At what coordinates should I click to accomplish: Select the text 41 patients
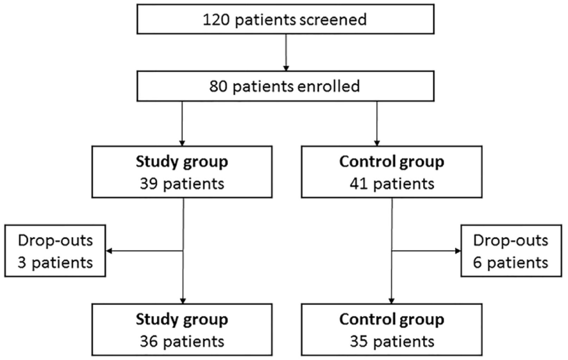pos(391,184)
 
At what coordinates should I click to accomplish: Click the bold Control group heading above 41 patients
pos(392,162)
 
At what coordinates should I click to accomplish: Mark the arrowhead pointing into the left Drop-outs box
pos(109,251)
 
